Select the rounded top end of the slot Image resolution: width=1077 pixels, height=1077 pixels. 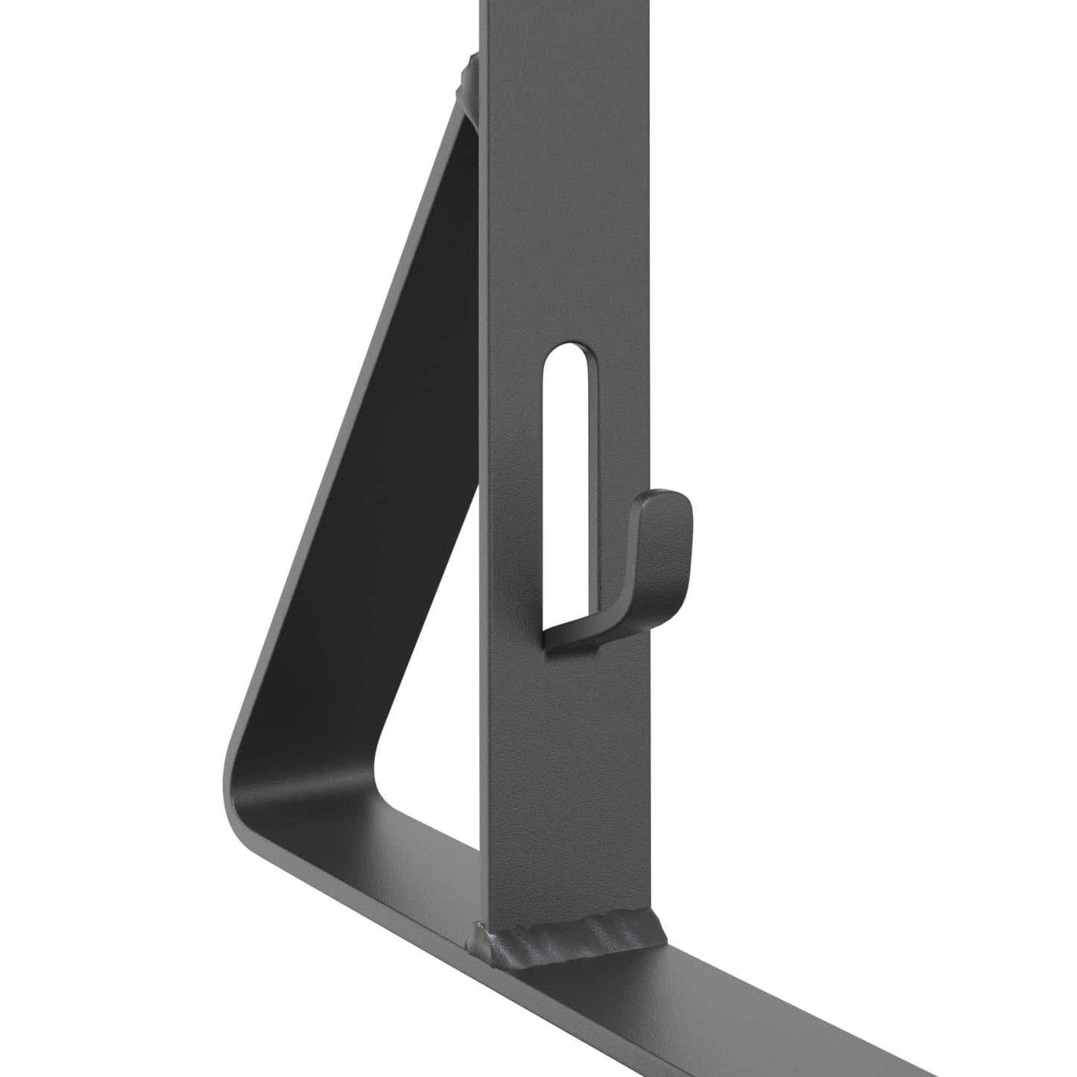pyautogui.click(x=567, y=355)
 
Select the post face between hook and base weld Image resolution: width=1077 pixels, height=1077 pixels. pyautogui.click(x=566, y=783)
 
